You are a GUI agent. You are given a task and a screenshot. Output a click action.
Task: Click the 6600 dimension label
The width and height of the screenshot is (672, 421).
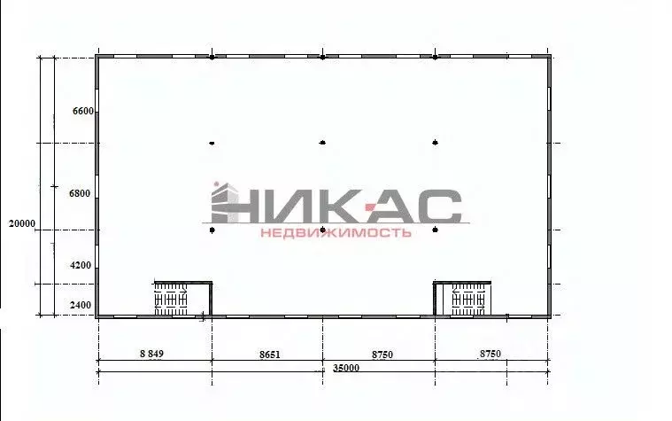click(82, 111)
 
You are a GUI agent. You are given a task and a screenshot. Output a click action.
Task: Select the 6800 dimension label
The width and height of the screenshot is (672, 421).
click(80, 193)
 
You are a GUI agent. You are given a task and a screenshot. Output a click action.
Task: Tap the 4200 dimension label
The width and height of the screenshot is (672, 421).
click(81, 266)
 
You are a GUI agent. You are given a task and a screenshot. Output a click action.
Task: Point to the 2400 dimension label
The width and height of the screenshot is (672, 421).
click(81, 305)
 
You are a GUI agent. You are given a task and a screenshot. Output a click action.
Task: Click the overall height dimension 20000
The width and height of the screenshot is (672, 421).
click(22, 223)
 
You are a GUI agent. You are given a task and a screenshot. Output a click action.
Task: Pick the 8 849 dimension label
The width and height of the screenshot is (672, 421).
click(151, 354)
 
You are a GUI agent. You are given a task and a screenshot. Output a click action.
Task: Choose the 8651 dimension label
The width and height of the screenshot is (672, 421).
click(269, 355)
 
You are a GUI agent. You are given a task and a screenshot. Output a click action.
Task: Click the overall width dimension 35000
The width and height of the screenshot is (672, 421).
click(346, 368)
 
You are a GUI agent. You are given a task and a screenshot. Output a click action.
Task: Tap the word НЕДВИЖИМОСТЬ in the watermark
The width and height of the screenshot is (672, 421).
click(336, 232)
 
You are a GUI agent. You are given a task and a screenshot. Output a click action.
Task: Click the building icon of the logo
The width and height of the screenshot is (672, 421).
click(225, 203)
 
